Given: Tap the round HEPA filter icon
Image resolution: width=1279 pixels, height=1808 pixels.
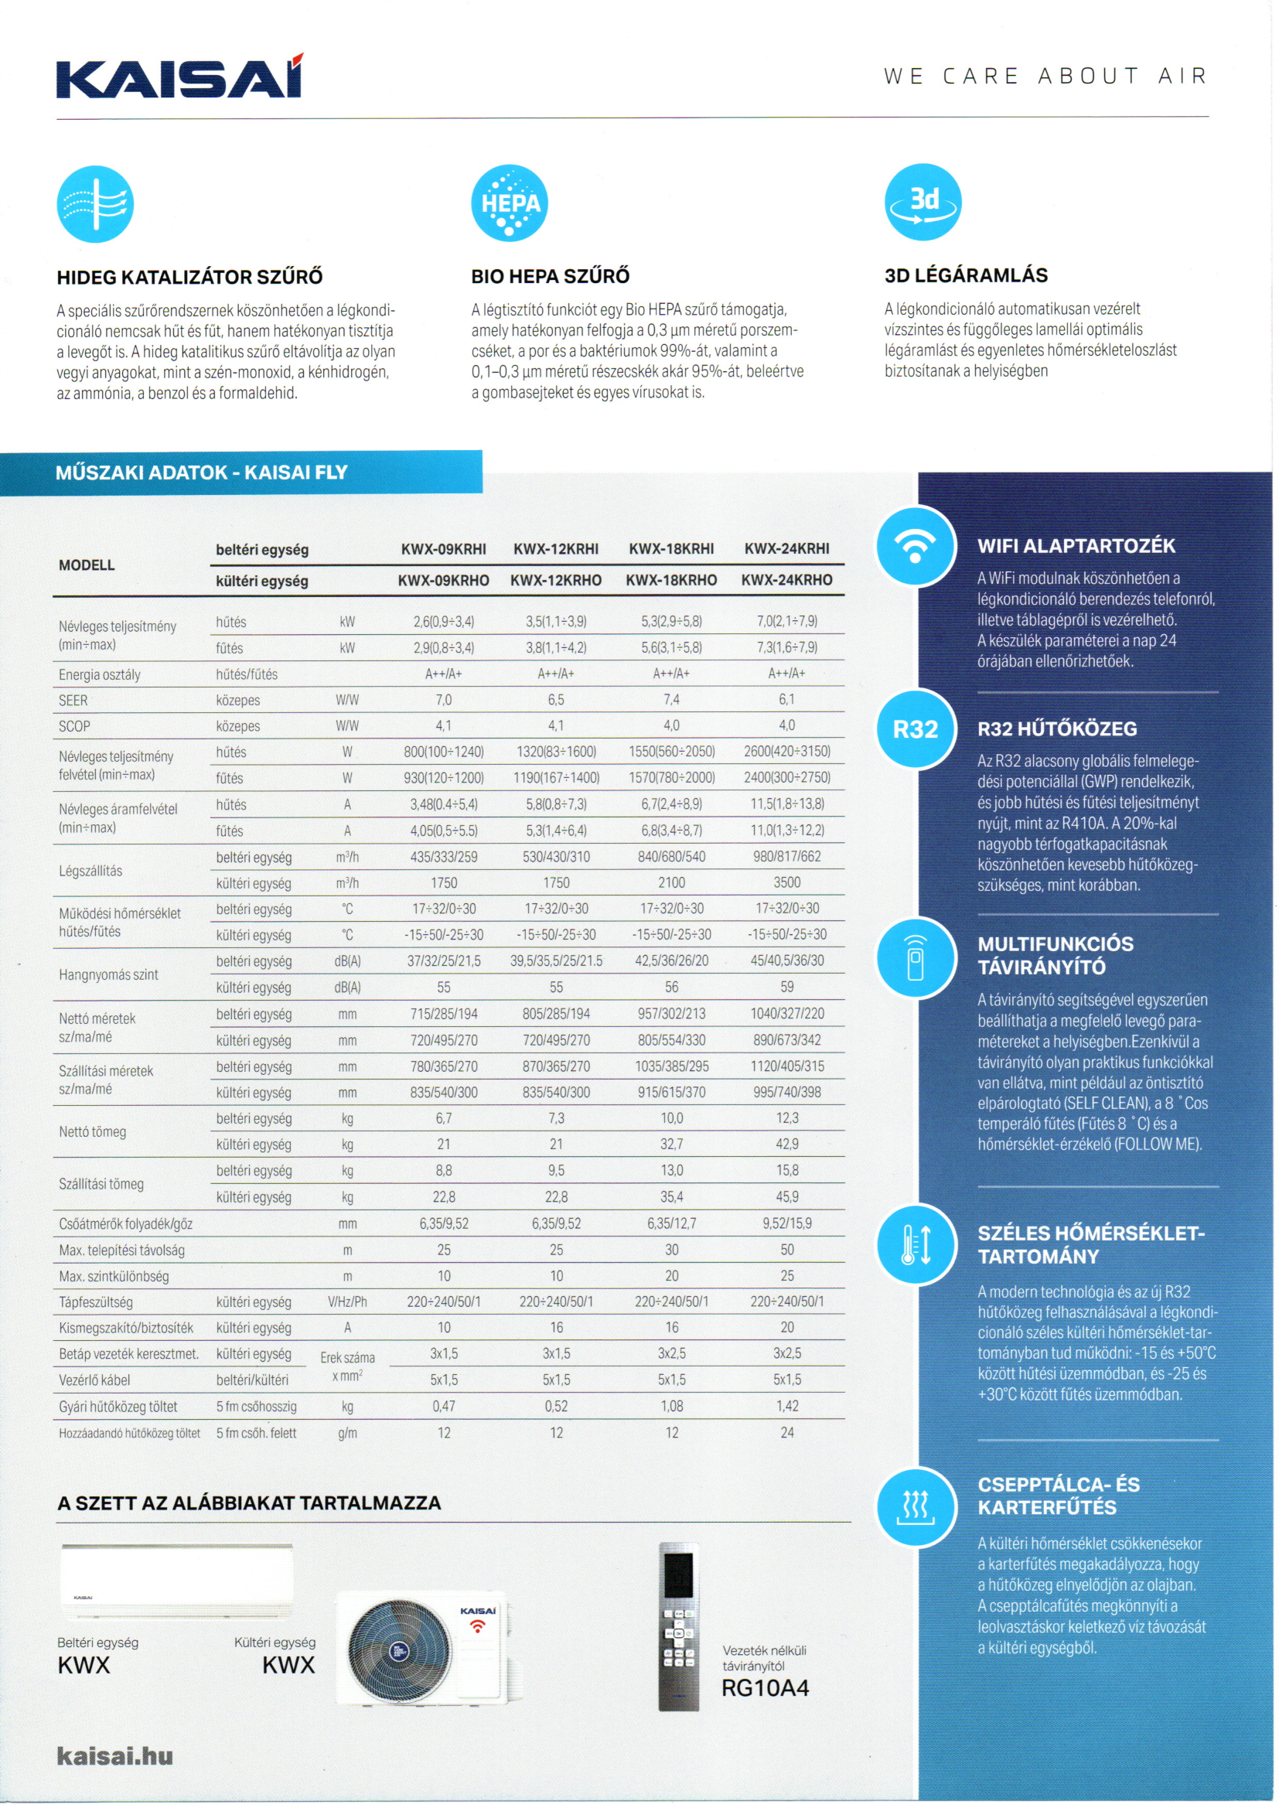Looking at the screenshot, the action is tap(510, 203).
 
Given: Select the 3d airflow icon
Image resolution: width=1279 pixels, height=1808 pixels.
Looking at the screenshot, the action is tap(923, 203).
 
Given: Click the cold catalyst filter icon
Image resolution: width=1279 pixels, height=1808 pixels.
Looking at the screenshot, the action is tap(95, 204).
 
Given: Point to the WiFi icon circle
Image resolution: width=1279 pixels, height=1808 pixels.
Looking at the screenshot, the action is tap(915, 546).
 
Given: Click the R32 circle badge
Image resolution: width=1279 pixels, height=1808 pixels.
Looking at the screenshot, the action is tap(915, 729).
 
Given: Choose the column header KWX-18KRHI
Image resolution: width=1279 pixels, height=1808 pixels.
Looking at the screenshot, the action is tap(671, 549).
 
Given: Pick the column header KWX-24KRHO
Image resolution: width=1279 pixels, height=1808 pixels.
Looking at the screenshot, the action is tap(786, 579).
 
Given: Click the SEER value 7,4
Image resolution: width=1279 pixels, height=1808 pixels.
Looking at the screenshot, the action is tap(671, 699).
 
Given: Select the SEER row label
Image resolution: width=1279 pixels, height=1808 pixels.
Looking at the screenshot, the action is tap(73, 700).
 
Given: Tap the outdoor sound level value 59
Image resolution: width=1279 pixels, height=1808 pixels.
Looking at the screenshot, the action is tap(786, 987).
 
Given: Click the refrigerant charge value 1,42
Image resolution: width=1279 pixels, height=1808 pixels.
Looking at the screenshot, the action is tap(786, 1406).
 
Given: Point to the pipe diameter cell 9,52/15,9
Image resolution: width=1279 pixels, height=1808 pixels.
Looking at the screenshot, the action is tap(786, 1223).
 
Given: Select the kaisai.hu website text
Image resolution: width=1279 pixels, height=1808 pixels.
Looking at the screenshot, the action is tap(115, 1756).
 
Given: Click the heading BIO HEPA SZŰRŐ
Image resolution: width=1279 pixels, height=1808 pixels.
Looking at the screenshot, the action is tap(551, 276).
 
